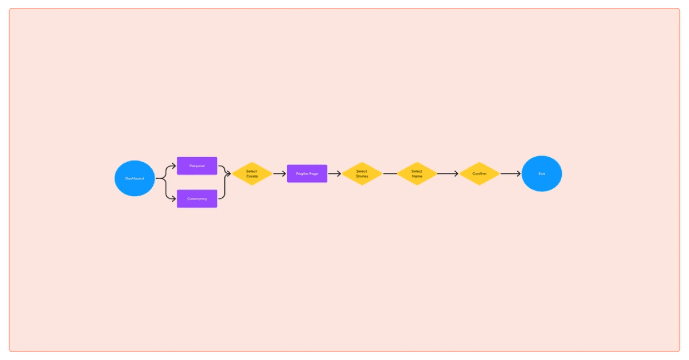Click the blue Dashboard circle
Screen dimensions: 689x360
click(x=134, y=178)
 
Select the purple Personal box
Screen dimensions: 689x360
click(x=197, y=166)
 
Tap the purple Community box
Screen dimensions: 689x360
click(x=197, y=198)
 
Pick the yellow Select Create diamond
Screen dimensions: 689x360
click(x=252, y=174)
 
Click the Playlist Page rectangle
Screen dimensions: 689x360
click(x=307, y=174)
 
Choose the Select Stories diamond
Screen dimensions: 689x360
click(x=362, y=174)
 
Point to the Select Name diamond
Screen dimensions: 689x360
click(x=417, y=174)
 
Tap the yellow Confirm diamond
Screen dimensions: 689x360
click(x=479, y=174)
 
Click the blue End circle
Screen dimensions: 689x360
click(x=542, y=174)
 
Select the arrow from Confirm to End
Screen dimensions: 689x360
click(x=510, y=174)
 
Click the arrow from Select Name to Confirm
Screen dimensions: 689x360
click(x=448, y=174)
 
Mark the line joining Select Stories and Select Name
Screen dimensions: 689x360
click(x=390, y=174)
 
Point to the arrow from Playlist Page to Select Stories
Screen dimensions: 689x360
click(x=334, y=174)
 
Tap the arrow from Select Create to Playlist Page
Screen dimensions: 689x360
click(x=279, y=174)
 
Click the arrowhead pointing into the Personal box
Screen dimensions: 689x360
click(x=173, y=166)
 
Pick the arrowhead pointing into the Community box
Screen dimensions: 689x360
click(x=173, y=198)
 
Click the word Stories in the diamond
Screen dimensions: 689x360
click(x=362, y=177)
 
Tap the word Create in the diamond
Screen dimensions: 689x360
click(x=252, y=177)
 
